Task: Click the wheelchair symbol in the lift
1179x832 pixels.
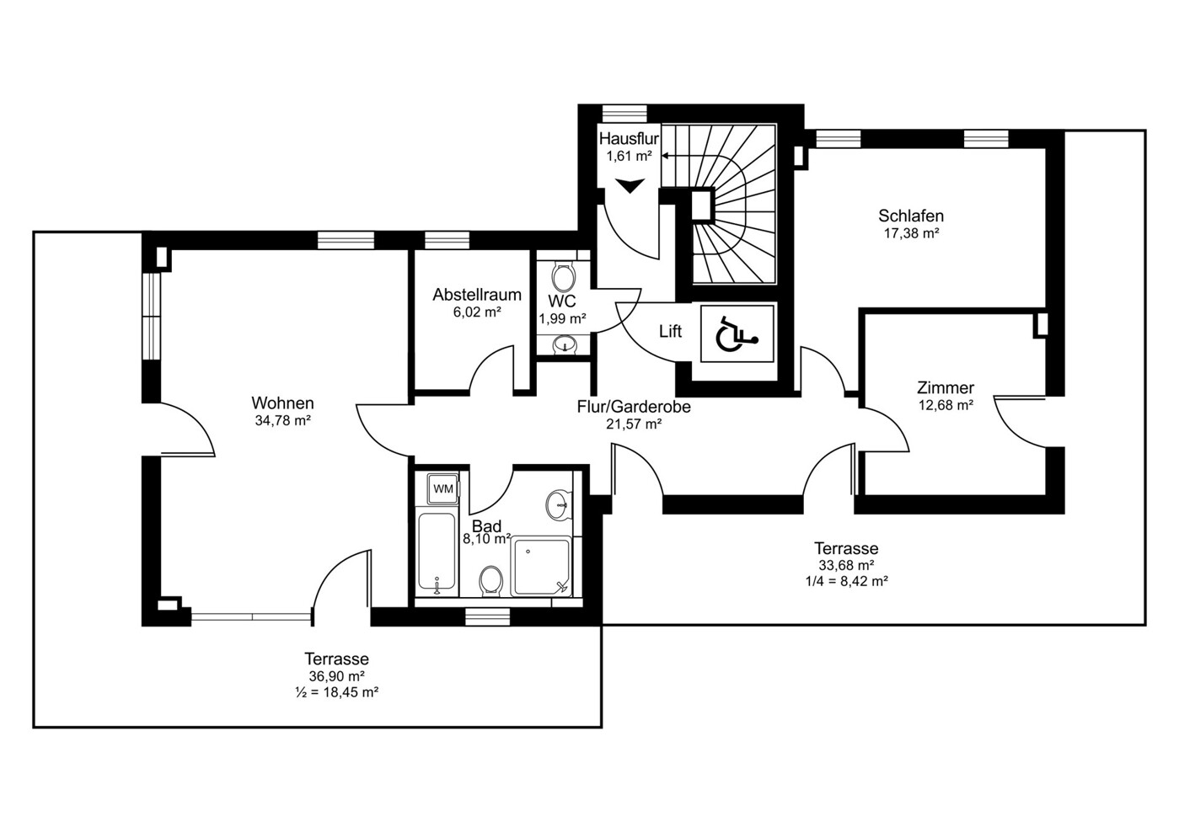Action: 737,333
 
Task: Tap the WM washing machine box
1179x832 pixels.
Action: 442,488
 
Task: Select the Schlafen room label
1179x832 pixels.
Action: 911,216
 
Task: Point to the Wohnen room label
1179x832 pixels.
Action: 282,403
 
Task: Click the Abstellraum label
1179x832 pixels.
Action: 477,295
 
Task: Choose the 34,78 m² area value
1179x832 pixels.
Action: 282,421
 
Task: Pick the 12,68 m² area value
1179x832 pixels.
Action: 946,406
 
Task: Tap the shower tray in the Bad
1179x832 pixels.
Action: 541,566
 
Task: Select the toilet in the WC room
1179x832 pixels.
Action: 563,277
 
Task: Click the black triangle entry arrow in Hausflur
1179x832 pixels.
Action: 630,185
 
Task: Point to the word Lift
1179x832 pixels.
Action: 670,331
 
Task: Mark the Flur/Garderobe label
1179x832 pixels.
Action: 634,407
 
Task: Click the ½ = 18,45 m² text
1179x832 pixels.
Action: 337,692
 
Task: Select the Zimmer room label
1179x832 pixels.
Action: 946,387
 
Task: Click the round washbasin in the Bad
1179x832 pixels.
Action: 559,505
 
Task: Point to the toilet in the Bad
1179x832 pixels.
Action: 491,582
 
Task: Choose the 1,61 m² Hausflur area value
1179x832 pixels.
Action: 629,156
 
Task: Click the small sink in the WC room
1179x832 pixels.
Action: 565,345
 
